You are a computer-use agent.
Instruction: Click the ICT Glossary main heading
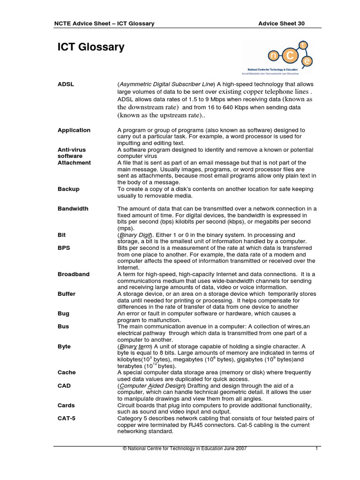tap(91, 47)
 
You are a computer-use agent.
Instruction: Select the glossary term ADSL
tap(66, 84)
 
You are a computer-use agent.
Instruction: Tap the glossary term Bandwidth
tap(73, 209)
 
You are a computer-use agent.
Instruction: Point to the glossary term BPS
tap(64, 248)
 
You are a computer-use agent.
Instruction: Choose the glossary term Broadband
tap(73, 274)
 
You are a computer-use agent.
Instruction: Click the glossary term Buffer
tap(67, 294)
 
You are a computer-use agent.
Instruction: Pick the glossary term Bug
tap(63, 314)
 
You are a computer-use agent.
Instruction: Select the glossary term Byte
tap(64, 346)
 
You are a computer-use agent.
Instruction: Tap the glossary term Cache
tap(66, 373)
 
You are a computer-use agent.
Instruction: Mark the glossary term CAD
tap(64, 386)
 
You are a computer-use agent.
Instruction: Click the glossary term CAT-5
tap(66, 419)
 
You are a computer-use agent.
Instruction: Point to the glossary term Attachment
tap(74, 163)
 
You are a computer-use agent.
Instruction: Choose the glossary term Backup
tap(68, 189)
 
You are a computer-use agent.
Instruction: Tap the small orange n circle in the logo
tap(274, 56)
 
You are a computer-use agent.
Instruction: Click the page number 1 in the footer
tap(317, 449)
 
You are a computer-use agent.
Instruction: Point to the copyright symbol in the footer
tap(125, 449)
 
